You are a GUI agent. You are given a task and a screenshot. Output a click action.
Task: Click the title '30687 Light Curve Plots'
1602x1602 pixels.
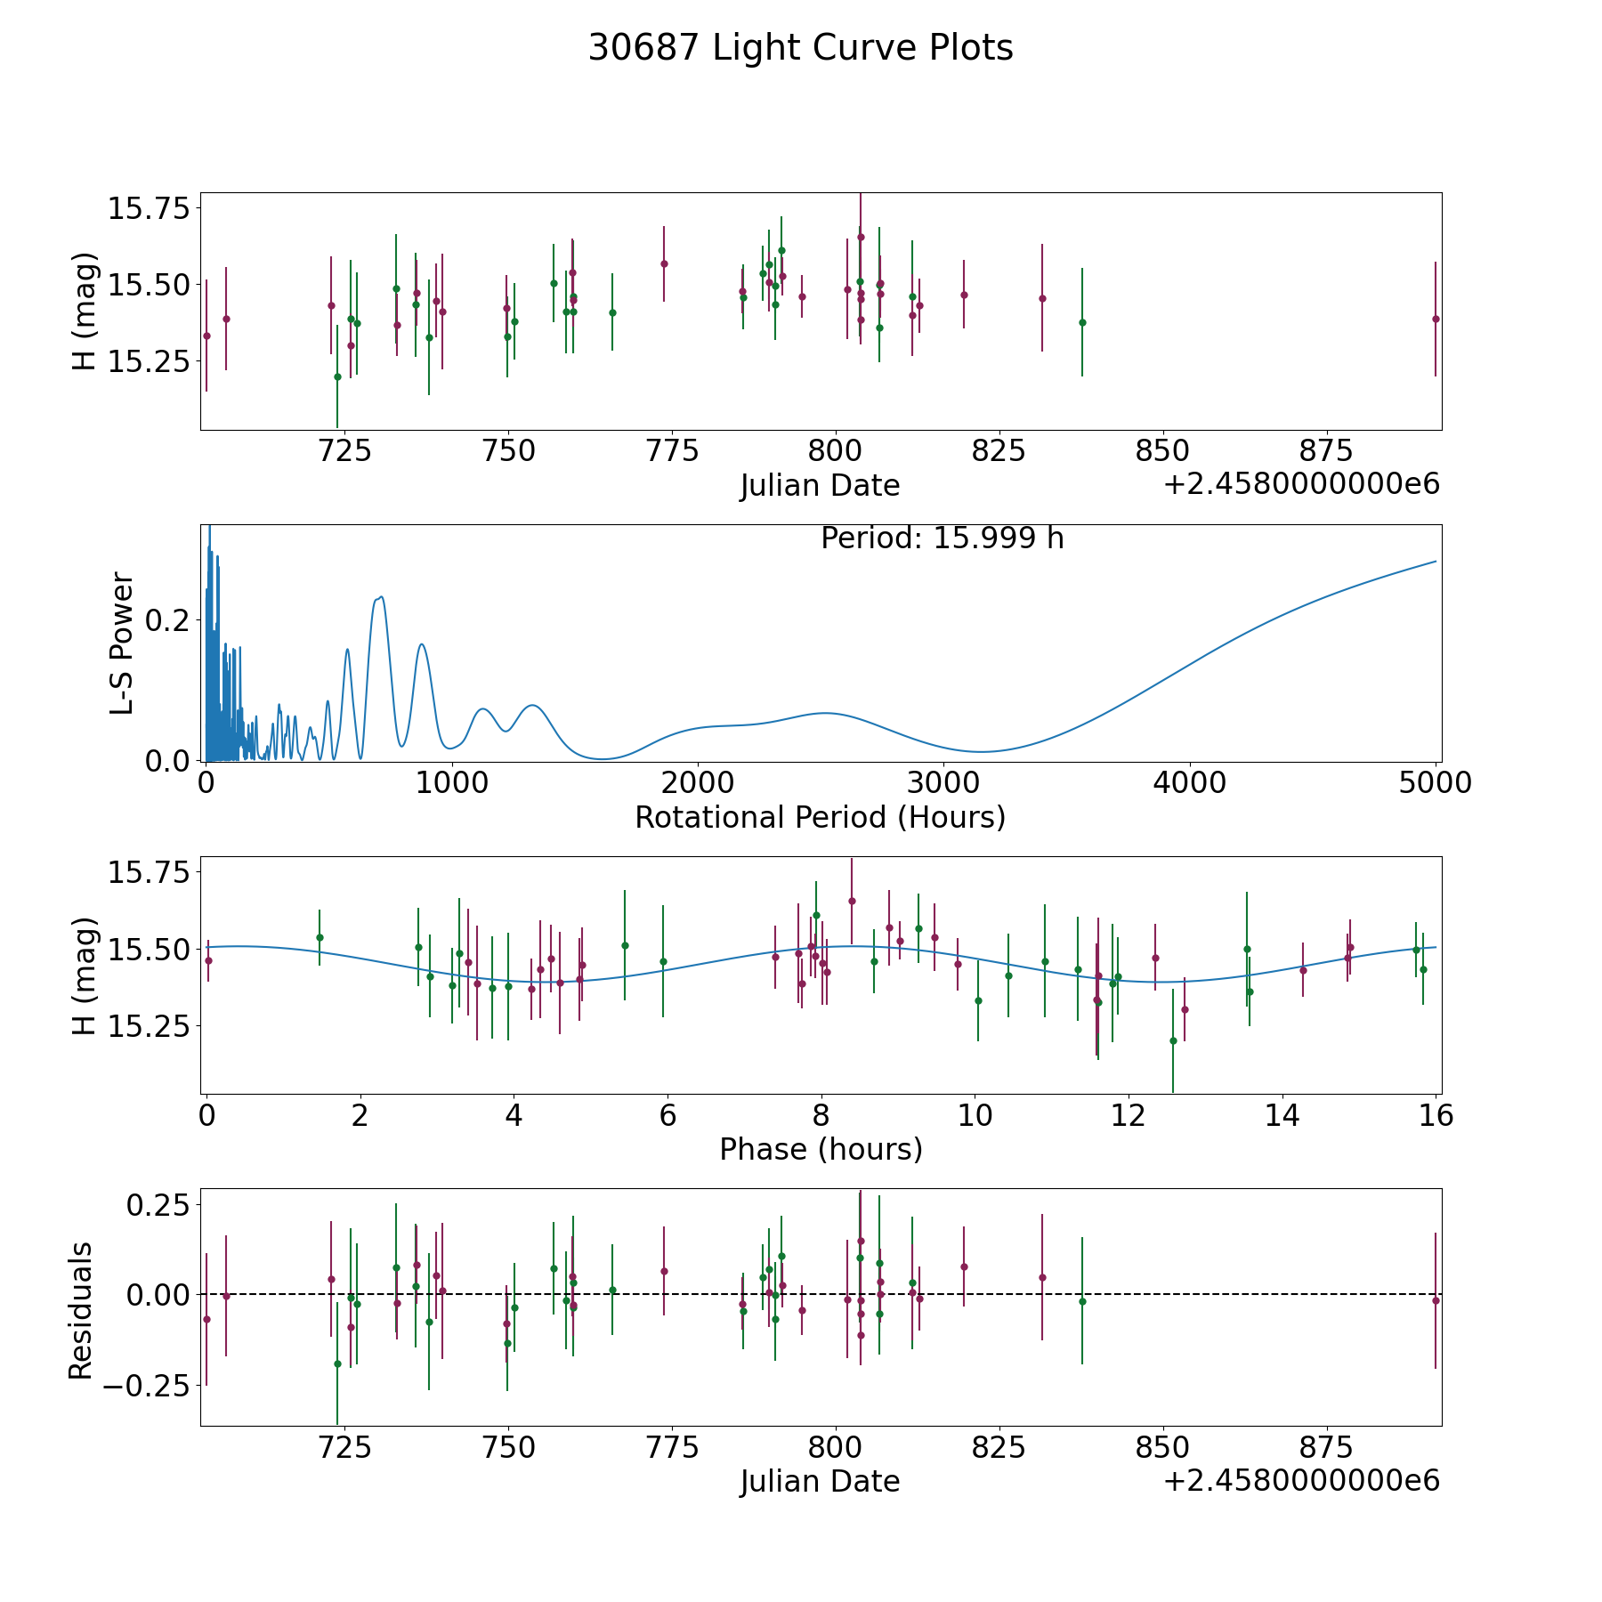point(800,48)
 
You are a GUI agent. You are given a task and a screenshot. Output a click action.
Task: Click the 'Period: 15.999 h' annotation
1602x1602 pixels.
point(942,538)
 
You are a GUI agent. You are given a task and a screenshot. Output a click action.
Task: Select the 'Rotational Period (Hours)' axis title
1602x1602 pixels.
point(820,817)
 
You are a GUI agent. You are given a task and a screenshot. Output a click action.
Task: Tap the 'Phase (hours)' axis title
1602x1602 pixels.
point(821,1149)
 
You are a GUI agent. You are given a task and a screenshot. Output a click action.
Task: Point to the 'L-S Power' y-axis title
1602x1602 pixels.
point(122,643)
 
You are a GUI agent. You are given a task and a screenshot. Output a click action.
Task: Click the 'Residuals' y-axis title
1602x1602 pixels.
point(81,1310)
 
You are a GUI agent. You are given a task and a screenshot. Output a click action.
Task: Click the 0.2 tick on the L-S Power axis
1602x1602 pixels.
point(168,619)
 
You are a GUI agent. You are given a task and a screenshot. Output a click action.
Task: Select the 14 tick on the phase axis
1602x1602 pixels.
point(1282,1115)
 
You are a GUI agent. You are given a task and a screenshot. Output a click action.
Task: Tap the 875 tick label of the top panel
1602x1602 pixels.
point(1327,451)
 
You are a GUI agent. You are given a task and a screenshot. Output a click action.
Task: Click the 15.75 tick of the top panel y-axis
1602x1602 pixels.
point(149,209)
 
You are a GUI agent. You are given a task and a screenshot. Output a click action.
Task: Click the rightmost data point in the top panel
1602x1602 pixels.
point(1436,319)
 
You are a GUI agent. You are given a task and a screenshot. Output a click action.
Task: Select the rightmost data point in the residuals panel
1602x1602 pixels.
point(1436,1300)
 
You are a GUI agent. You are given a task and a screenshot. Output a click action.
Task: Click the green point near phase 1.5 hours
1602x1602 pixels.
point(320,937)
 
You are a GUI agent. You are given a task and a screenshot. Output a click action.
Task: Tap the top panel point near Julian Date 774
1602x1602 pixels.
point(664,263)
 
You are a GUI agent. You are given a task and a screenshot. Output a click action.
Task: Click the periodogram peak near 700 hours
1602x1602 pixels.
point(381,597)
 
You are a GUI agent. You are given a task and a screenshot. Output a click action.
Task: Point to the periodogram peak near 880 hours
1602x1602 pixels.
point(422,644)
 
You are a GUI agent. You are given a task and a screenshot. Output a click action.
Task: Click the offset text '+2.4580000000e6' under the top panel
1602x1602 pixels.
point(1301,484)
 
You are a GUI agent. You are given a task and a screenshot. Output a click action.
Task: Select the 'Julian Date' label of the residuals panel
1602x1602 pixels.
point(820,1481)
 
